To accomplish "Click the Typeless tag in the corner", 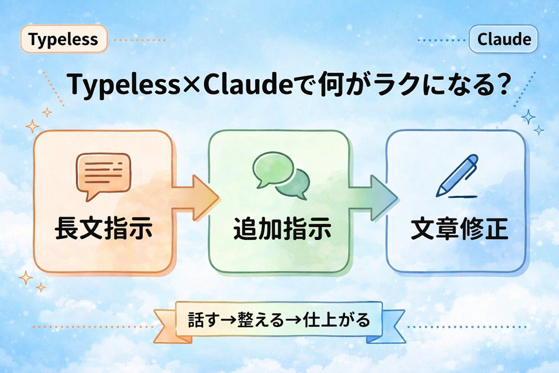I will pyautogui.click(x=64, y=39).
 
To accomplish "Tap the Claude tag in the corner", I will pyautogui.click(x=504, y=39).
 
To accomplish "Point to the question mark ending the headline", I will pyautogui.click(x=504, y=85).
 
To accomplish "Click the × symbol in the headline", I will pyautogui.click(x=191, y=85).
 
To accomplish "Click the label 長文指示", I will pyautogui.click(x=103, y=228).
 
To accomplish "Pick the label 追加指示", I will pyautogui.click(x=282, y=228).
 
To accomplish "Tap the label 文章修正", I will pyautogui.click(x=459, y=228).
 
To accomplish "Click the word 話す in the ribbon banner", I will pyautogui.click(x=204, y=320).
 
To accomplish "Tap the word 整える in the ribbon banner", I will pyautogui.click(x=261, y=320).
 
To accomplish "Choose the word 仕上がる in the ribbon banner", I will pyautogui.click(x=336, y=320).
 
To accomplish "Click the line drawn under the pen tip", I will pyautogui.click(x=462, y=197).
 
